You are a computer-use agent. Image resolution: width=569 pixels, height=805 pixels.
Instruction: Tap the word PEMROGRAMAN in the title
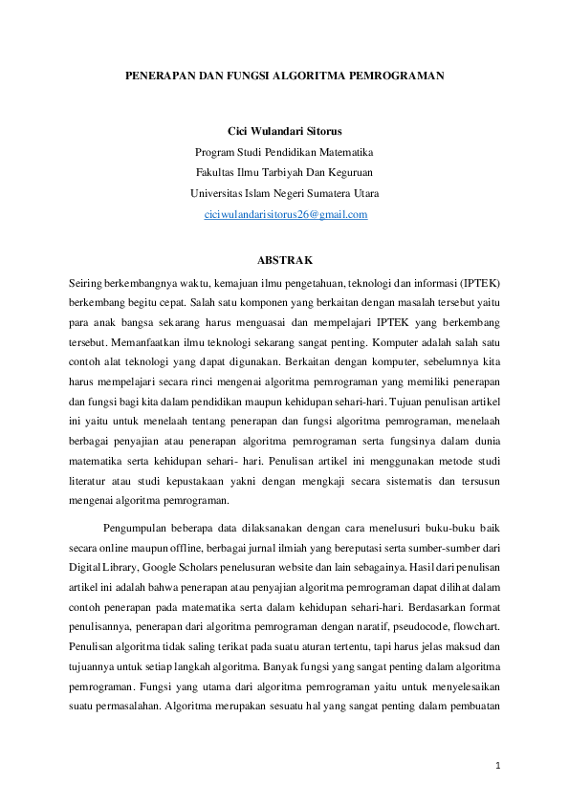tap(403, 73)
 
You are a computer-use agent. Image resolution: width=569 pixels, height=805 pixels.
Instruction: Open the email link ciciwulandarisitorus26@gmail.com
tap(286, 215)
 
